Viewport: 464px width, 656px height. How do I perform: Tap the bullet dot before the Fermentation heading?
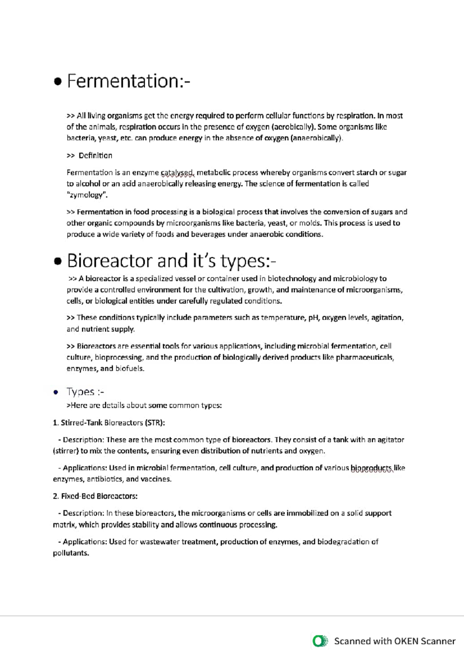pos(58,82)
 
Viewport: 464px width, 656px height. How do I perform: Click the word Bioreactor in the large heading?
pos(110,261)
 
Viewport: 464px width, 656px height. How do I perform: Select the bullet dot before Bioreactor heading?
pos(58,262)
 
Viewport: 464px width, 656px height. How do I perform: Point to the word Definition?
pos(95,156)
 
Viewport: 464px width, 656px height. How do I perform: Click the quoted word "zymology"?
pos(87,195)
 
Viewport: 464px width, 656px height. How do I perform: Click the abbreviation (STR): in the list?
pos(155,423)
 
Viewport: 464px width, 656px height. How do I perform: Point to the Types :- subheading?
pos(85,392)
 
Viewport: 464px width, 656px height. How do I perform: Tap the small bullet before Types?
pos(56,393)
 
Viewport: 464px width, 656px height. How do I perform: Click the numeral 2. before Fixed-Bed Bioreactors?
pos(56,496)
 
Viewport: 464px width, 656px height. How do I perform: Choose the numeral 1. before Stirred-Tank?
pos(55,423)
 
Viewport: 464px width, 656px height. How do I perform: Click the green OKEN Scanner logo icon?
pos(319,641)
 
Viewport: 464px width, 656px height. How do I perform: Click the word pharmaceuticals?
pos(365,358)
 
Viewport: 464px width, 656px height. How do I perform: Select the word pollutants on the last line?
pos(70,553)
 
